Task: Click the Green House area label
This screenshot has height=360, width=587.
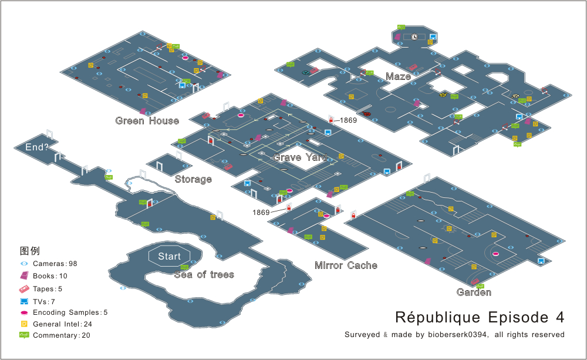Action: pyautogui.click(x=147, y=121)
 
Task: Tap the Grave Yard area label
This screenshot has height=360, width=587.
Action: pyautogui.click(x=296, y=157)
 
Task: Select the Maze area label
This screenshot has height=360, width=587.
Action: pyautogui.click(x=397, y=76)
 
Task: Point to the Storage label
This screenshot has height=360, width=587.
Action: pyautogui.click(x=193, y=179)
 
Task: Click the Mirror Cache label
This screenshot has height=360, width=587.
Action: pyautogui.click(x=346, y=265)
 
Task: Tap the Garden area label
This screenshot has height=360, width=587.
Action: pyautogui.click(x=474, y=292)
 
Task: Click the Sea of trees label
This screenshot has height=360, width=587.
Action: pyautogui.click(x=204, y=274)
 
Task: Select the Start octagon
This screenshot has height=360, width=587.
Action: pyautogui.click(x=169, y=257)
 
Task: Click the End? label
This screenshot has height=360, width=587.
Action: pyautogui.click(x=36, y=147)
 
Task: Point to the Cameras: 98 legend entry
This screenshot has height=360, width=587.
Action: pyautogui.click(x=55, y=264)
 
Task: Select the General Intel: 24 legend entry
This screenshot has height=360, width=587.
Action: pyautogui.click(x=62, y=324)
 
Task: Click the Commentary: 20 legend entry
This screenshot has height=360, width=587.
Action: pyautogui.click(x=61, y=335)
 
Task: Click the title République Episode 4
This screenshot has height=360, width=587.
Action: pyautogui.click(x=480, y=318)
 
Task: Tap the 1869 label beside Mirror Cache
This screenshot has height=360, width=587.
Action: pyautogui.click(x=261, y=212)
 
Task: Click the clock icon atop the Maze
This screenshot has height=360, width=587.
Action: pyautogui.click(x=414, y=37)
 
